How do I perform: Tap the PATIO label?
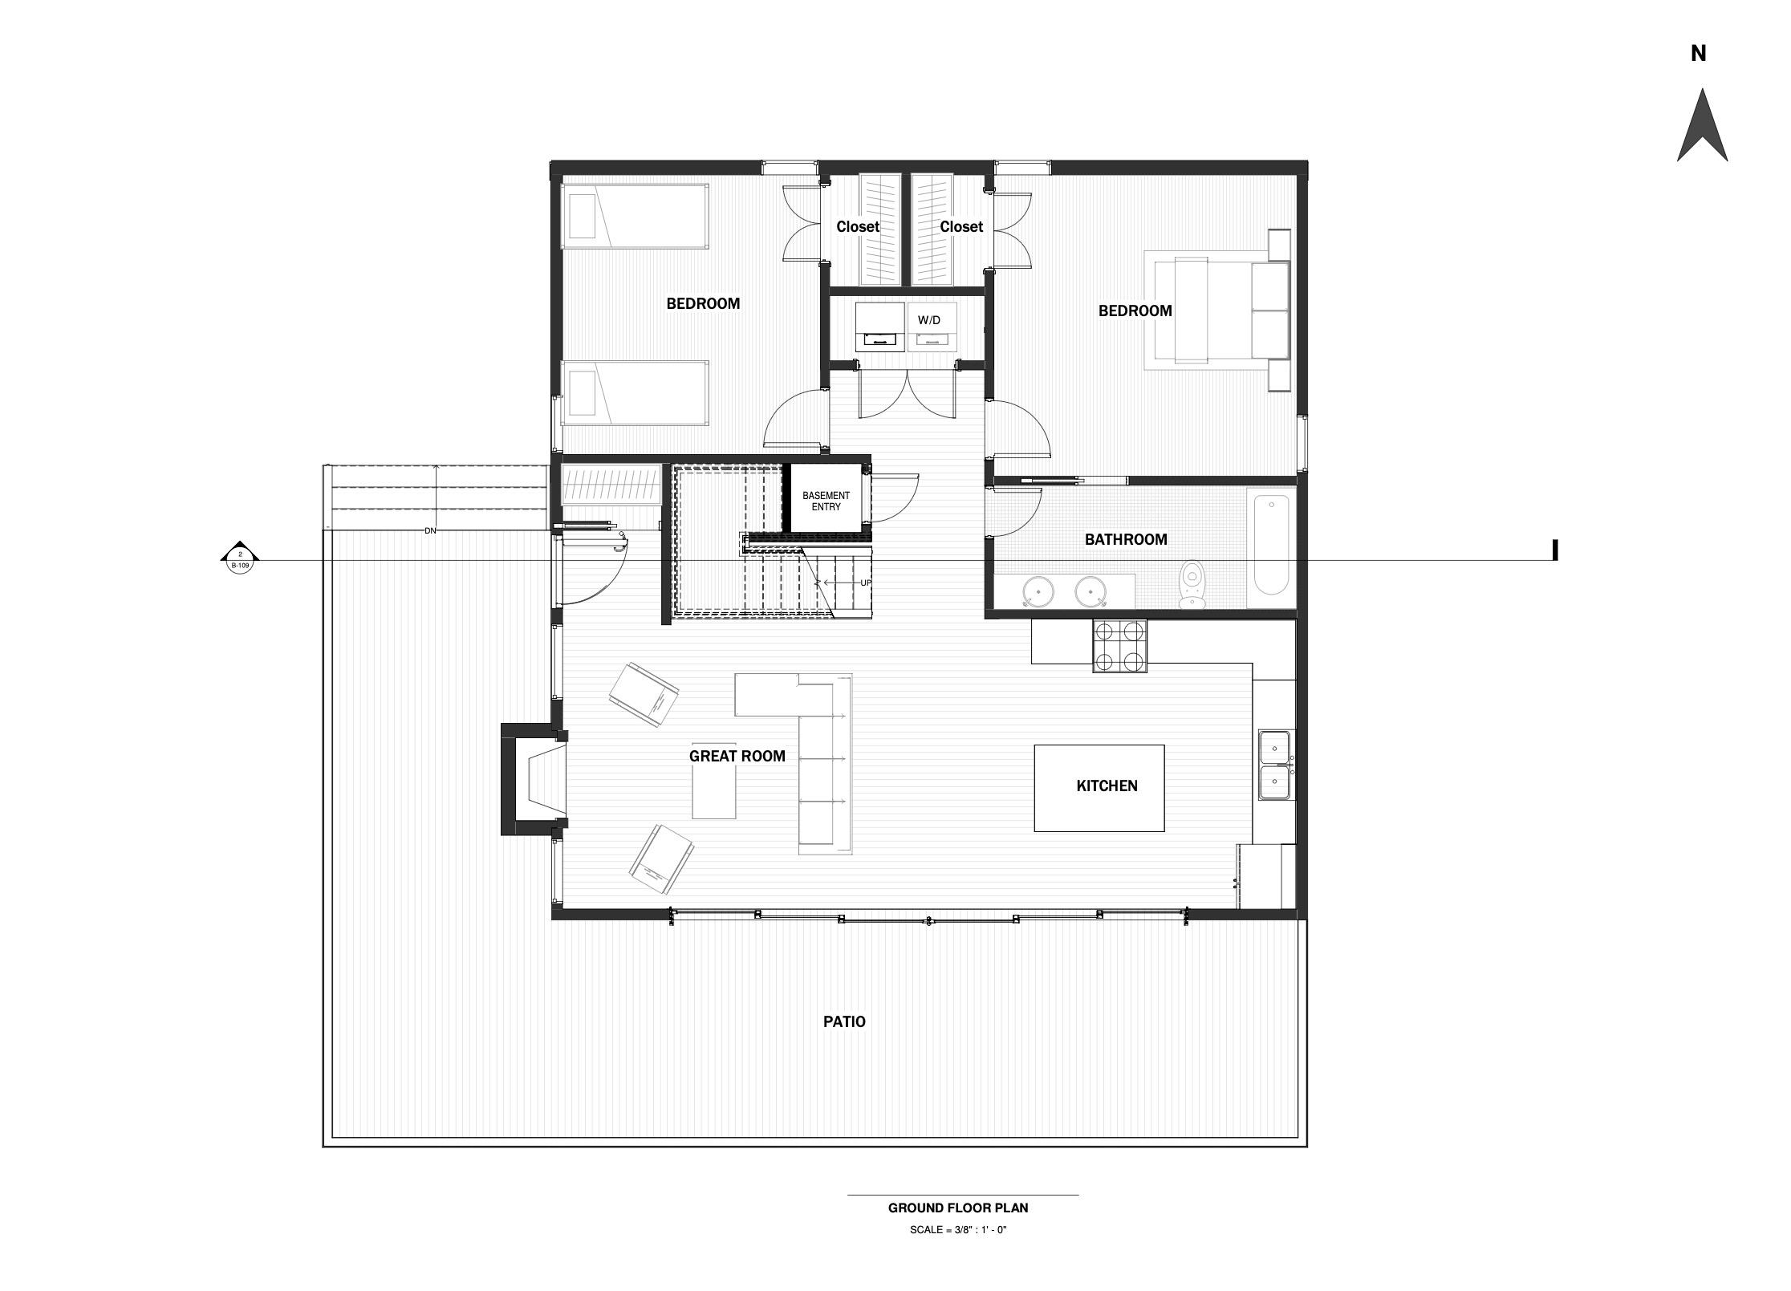click(844, 1021)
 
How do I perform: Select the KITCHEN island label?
click(1107, 786)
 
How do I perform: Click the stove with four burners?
click(1119, 646)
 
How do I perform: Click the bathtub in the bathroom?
click(1270, 545)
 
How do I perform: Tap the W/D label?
click(929, 320)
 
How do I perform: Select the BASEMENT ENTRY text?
click(826, 501)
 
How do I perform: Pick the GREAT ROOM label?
click(737, 756)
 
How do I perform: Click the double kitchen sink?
click(1274, 765)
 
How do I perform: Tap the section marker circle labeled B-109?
click(240, 559)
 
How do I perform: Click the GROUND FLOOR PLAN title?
click(958, 1208)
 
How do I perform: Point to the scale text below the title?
click(958, 1229)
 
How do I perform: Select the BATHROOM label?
click(1126, 539)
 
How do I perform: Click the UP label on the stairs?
click(865, 583)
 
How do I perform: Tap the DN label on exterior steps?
click(429, 531)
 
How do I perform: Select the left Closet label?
click(858, 227)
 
